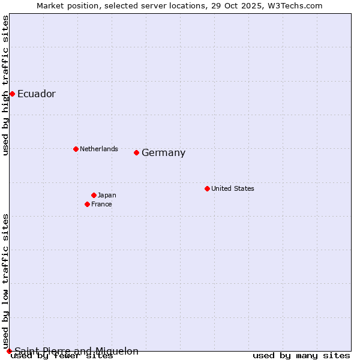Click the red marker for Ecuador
[12, 94]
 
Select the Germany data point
[137, 152]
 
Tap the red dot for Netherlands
[76, 149]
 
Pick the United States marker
[207, 188]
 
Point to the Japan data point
[94, 195]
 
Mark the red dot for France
[88, 204]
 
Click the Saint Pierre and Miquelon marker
[9, 351]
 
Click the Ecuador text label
[37, 94]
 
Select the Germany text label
[164, 153]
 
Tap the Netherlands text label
[99, 149]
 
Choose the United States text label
[233, 188]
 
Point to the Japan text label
[107, 195]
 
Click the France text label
[101, 204]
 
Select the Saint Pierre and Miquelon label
[77, 351]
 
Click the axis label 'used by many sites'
[301, 356]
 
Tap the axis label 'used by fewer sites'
[62, 356]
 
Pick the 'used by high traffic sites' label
[5, 85]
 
